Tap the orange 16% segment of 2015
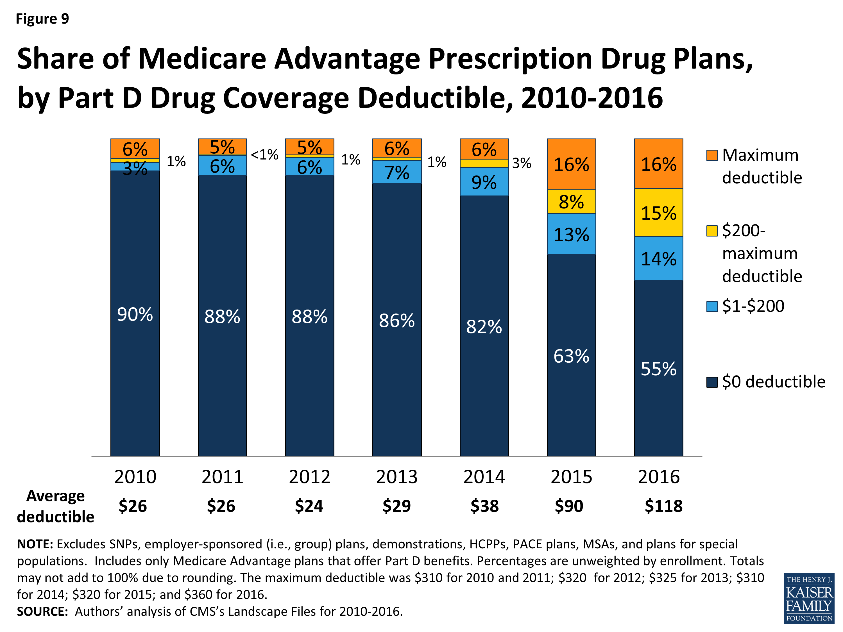pos(571,164)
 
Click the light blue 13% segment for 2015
pos(571,234)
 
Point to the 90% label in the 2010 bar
pos(135,314)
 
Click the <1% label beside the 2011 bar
pos(264,155)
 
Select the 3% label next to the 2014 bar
pos(521,163)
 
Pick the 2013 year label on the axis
pos(397,477)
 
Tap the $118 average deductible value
pos(663,506)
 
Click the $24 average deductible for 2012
pos(309,506)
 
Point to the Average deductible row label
pos(55,506)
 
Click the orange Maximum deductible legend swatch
pos(711,155)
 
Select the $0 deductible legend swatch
pos(711,382)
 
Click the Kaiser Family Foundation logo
pos(809,598)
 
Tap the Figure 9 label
pos(42,19)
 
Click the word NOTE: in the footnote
pos(35,544)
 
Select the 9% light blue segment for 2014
pos(484,182)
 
